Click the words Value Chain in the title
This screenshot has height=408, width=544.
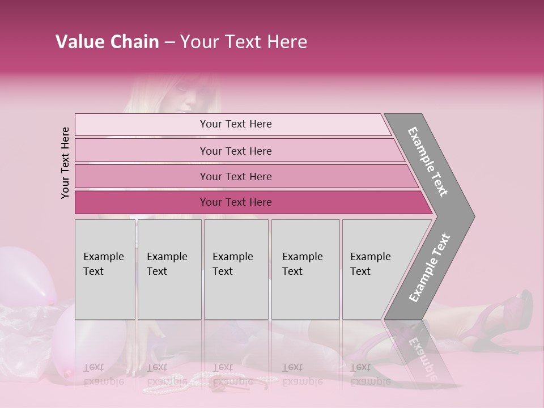coord(107,42)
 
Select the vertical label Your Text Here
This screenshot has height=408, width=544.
coord(65,163)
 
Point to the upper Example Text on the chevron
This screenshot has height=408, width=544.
coord(428,161)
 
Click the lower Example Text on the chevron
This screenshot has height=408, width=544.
coord(429,267)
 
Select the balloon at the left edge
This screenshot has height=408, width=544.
coord(23,272)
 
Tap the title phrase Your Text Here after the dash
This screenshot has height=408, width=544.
coord(244,42)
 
